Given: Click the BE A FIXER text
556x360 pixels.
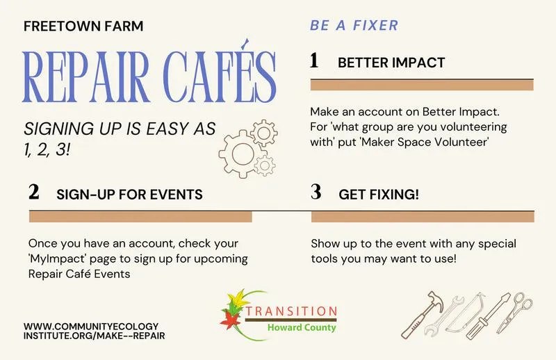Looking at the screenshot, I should [354, 26].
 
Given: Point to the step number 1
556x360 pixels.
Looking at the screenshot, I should [314, 61].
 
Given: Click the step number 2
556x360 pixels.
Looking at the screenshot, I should [34, 193].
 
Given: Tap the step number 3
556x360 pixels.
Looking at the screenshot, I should [316, 193].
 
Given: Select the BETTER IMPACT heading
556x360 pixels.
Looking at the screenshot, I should [391, 63].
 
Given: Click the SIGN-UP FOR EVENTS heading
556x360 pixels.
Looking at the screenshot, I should [129, 194].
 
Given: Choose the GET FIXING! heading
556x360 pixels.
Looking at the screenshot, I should [379, 194].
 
